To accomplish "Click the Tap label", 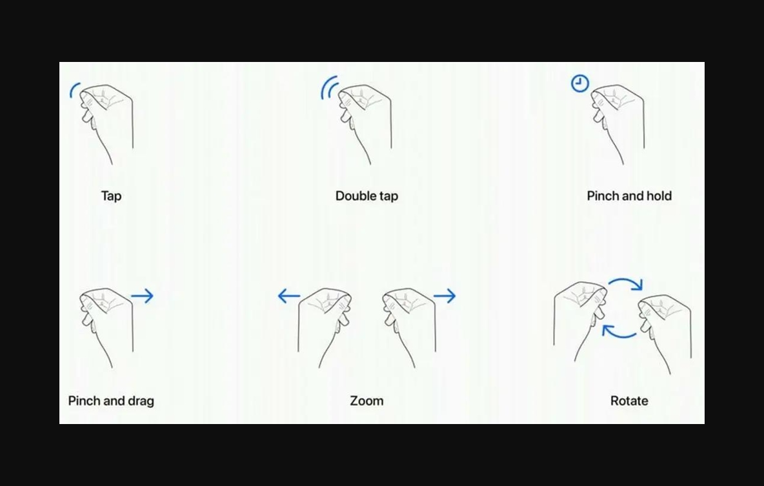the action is pyautogui.click(x=111, y=196).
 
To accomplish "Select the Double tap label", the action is pyautogui.click(x=367, y=196).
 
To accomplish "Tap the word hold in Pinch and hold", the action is pyautogui.click(x=659, y=196).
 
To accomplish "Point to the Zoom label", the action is pyautogui.click(x=367, y=401).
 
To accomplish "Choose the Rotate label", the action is pyautogui.click(x=629, y=401).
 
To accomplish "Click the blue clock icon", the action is pyautogui.click(x=580, y=83).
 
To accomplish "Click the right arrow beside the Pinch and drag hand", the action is pyautogui.click(x=142, y=296).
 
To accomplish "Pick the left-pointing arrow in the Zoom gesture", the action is pyautogui.click(x=289, y=296).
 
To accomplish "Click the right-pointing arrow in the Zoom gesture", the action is pyautogui.click(x=445, y=296).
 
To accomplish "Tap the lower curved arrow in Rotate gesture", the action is pyautogui.click(x=619, y=336).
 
